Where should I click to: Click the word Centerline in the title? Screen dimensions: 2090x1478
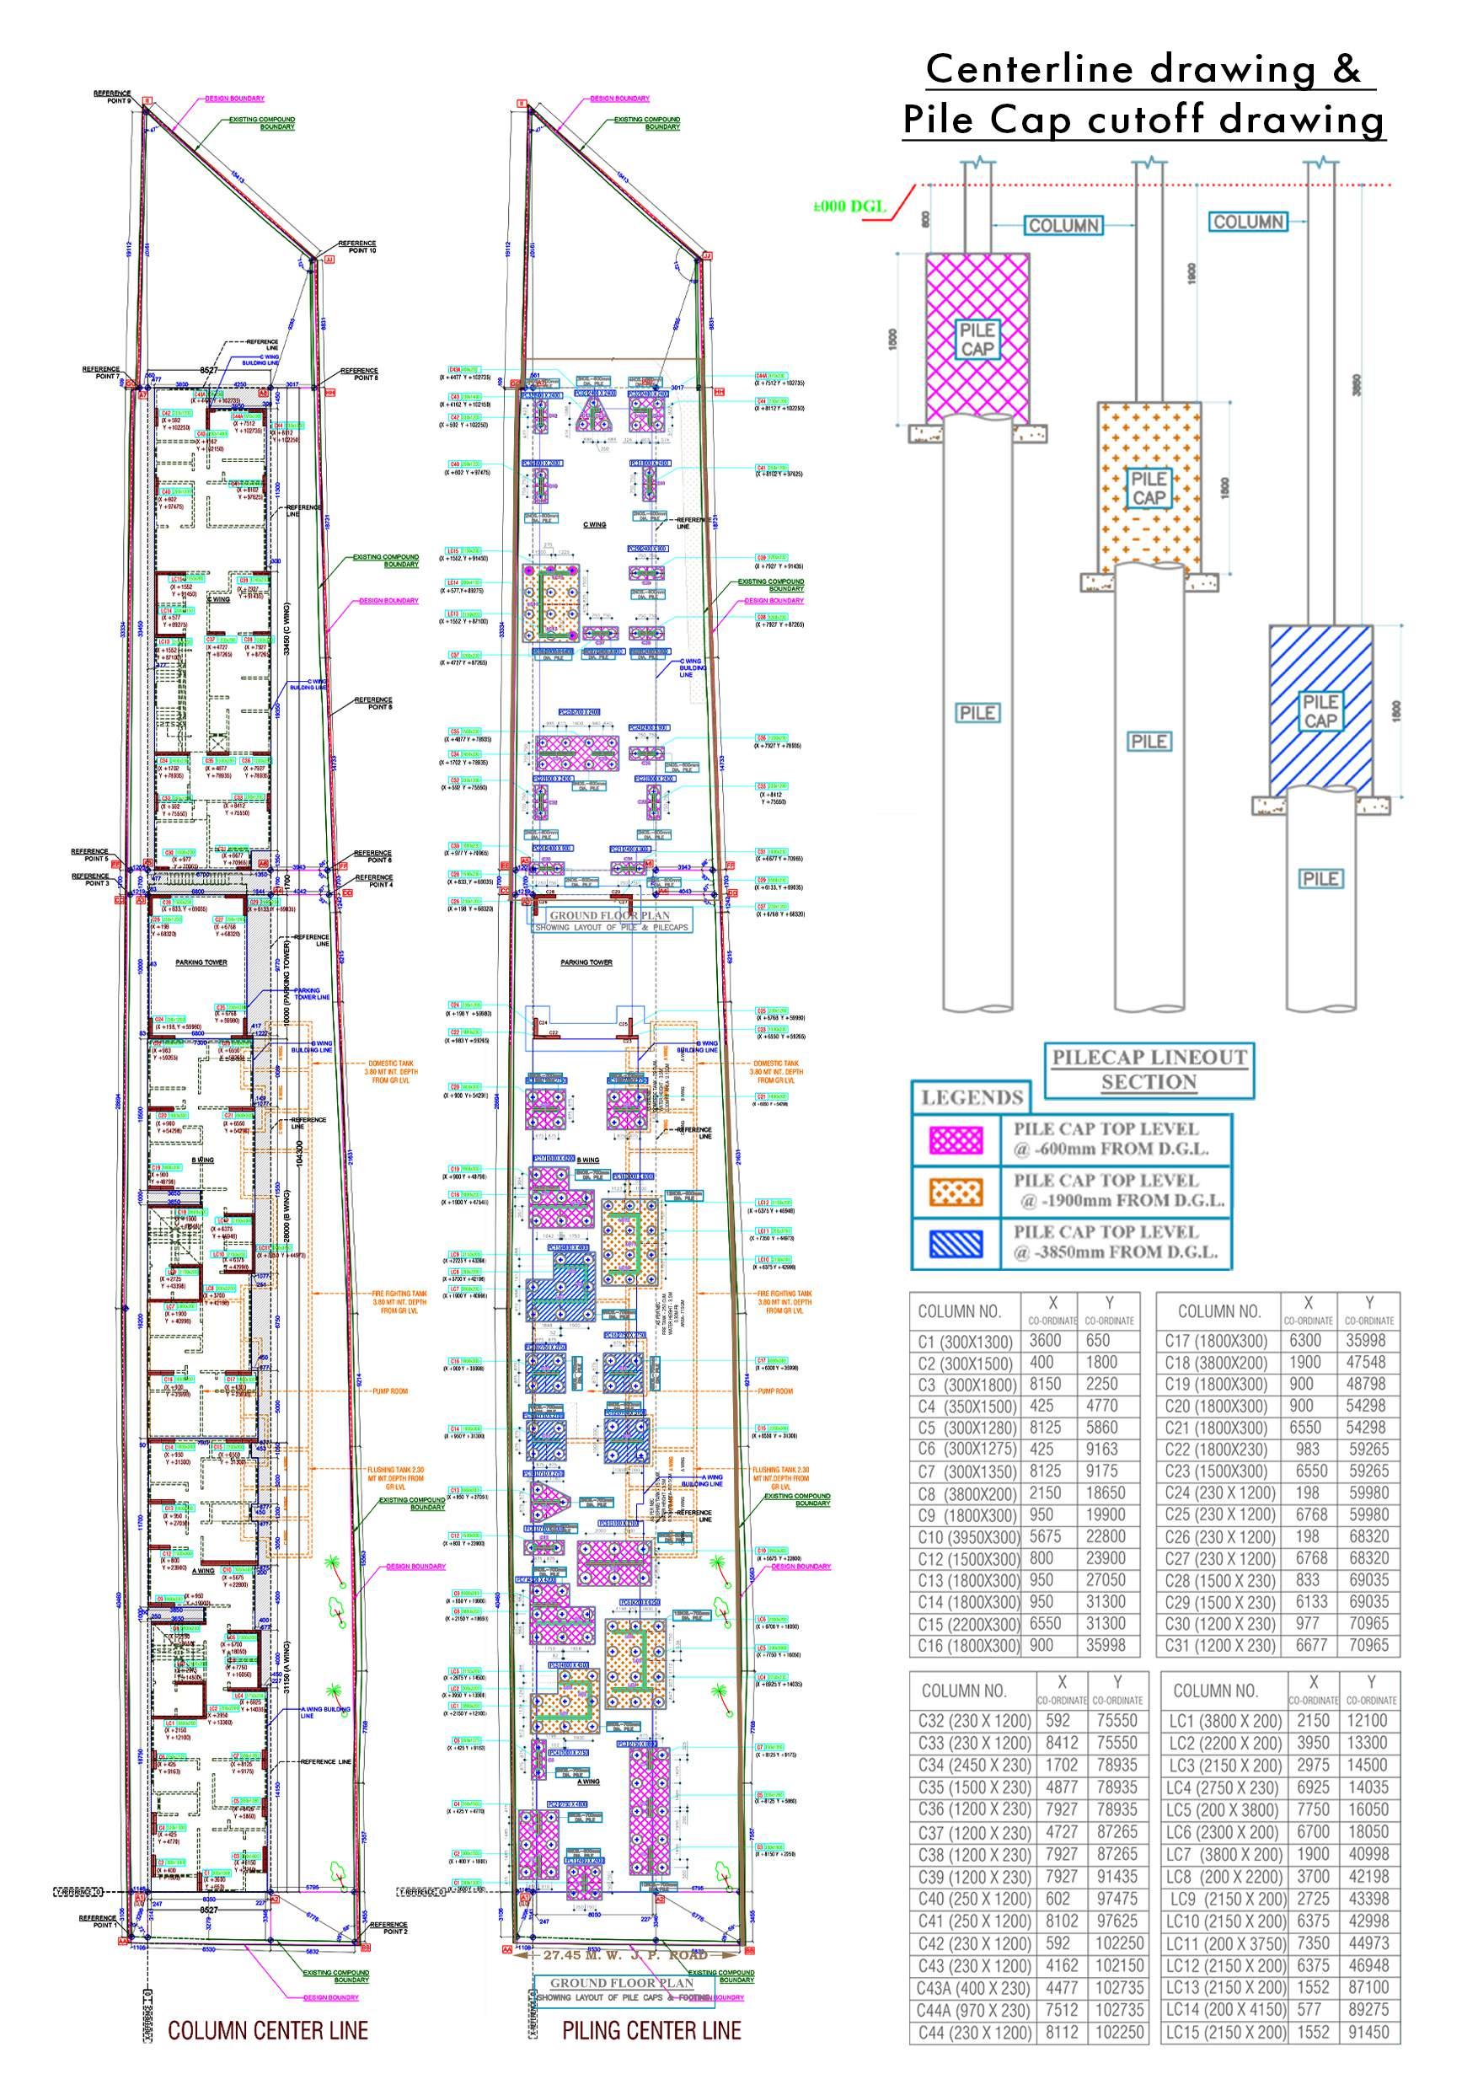pyautogui.click(x=1031, y=70)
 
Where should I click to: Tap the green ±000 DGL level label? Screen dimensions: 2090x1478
pyautogui.click(x=849, y=206)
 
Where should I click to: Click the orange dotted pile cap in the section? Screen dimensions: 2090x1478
pyautogui.click(x=1149, y=486)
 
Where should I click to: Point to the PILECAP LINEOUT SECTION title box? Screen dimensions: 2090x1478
pyautogui.click(x=1149, y=1069)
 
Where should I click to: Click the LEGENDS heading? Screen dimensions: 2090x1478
pyautogui.click(x=972, y=1097)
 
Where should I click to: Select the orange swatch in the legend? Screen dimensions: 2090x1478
pyautogui.click(x=956, y=1192)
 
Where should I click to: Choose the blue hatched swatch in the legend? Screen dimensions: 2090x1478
pyautogui.click(x=956, y=1243)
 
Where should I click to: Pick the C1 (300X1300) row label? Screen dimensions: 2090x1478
pyautogui.click(x=965, y=1341)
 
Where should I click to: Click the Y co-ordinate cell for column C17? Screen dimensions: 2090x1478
pyautogui.click(x=1368, y=1341)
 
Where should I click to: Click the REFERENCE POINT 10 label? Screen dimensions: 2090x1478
pyautogui.click(x=356, y=247)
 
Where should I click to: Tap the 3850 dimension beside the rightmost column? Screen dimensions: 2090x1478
pyautogui.click(x=1357, y=385)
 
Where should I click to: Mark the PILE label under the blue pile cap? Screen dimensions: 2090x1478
pyautogui.click(x=1320, y=878)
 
